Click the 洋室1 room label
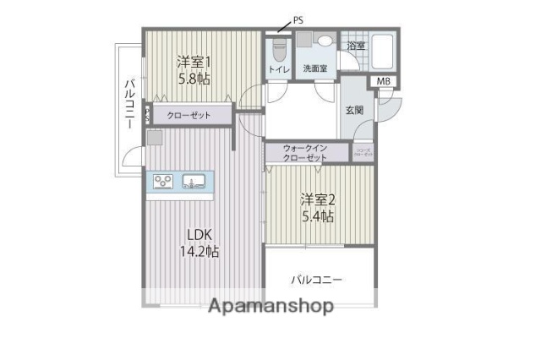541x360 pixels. (194, 62)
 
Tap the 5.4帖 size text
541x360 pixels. (317, 216)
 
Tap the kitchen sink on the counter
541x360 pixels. (194, 180)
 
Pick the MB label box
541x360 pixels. (383, 82)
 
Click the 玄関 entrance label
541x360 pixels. (354, 109)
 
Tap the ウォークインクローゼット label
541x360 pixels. (306, 153)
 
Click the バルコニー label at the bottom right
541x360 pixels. (317, 280)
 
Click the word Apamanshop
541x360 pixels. (271, 305)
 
